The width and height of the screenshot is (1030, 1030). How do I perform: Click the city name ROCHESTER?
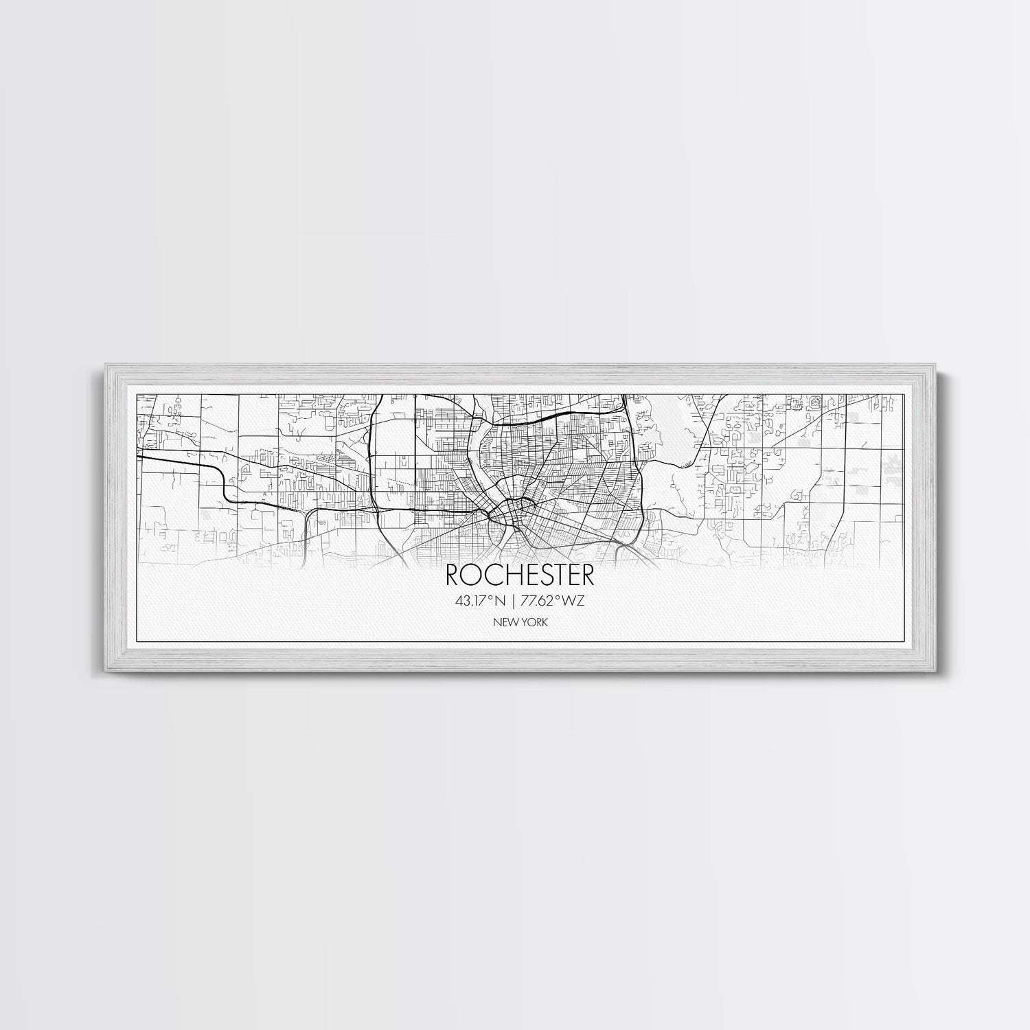[x=514, y=575]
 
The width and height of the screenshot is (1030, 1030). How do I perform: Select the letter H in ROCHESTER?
[x=501, y=575]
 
